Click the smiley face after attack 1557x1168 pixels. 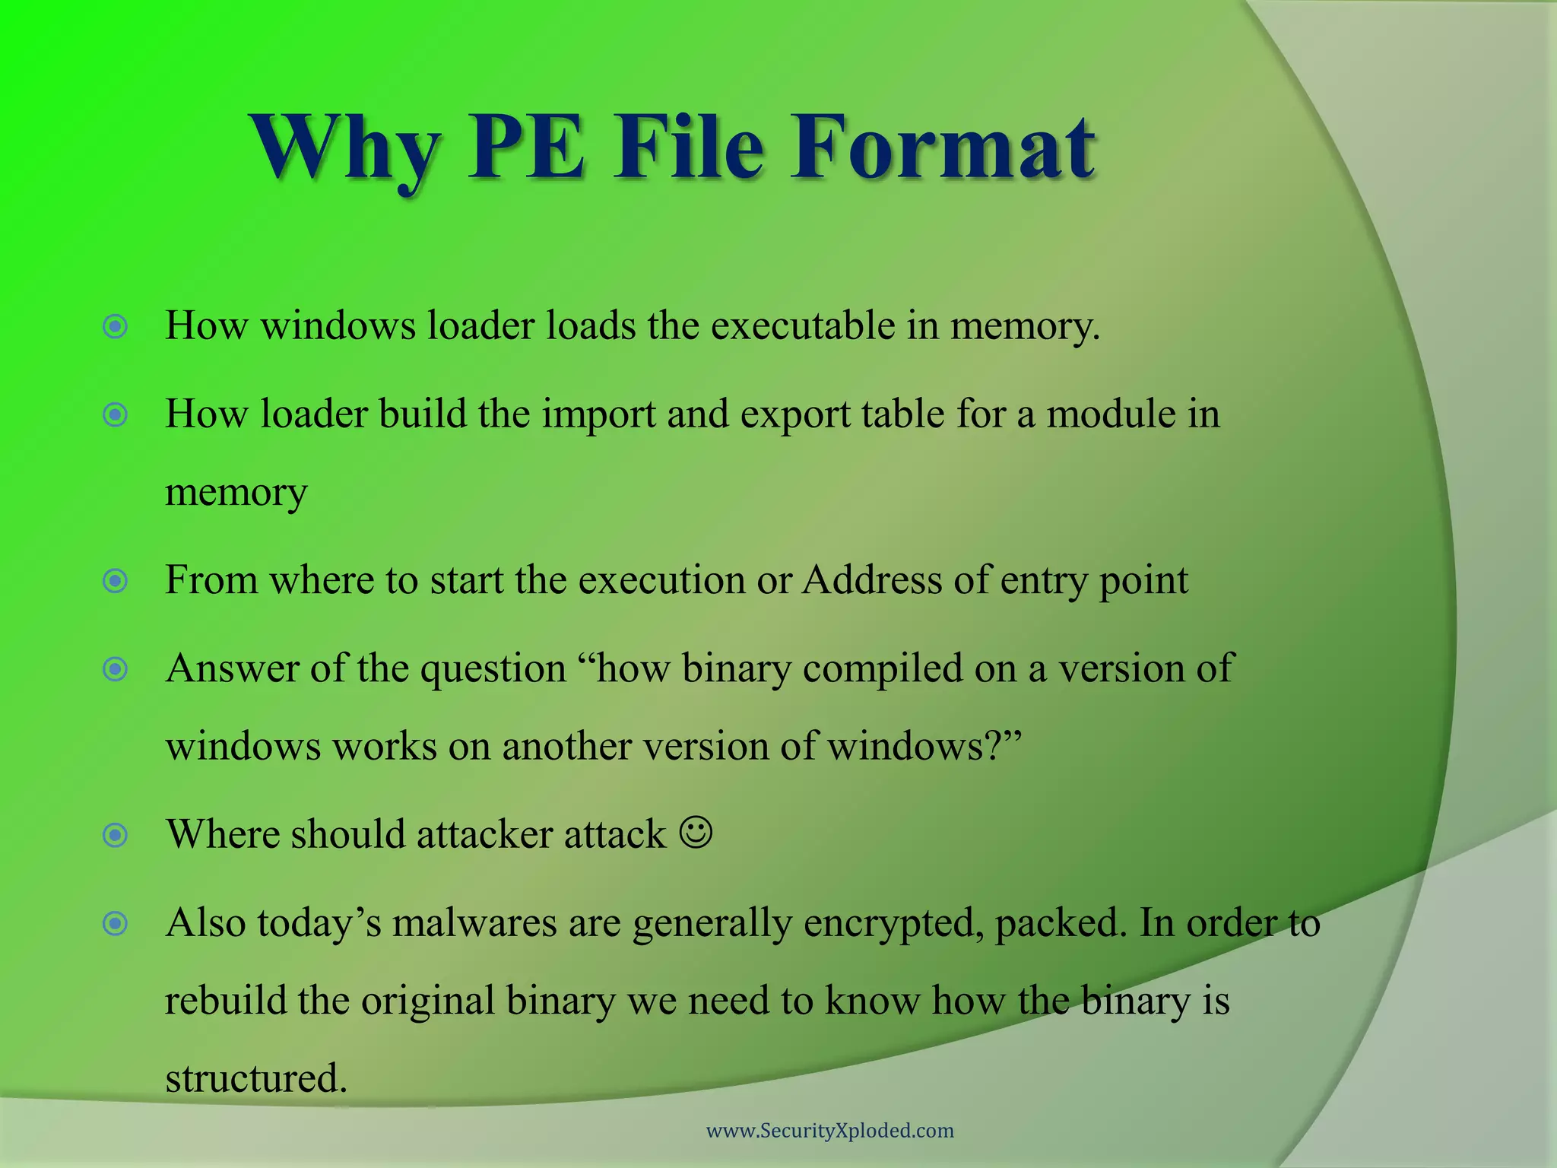696,833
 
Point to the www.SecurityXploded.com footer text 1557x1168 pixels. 829,1131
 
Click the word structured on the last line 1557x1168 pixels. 255,1078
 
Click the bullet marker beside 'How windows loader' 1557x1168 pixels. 115,327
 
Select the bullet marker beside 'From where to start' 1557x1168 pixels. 115,582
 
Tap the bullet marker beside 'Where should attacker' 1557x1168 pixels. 115,836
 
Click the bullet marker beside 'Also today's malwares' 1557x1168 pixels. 115,925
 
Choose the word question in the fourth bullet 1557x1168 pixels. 493,669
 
